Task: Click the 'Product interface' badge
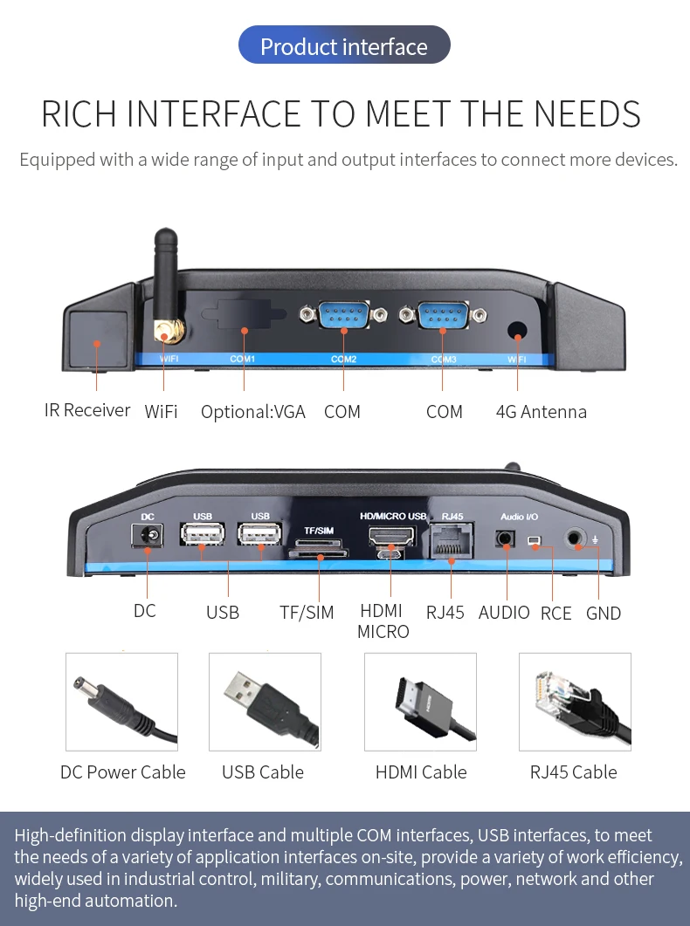coord(344,45)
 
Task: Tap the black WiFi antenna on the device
coord(166,278)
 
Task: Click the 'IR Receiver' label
coord(86,410)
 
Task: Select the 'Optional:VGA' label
coord(252,412)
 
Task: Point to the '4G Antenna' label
coord(542,412)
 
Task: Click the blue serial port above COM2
coord(343,314)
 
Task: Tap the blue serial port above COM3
coord(443,314)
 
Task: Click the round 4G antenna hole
coord(517,330)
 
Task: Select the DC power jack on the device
coord(147,536)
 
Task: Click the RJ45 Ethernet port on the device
coord(452,540)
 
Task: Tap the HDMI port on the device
coord(391,536)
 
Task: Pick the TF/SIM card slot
coord(319,553)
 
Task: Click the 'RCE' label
coord(555,614)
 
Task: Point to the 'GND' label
coord(604,614)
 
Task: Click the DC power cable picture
coord(121,702)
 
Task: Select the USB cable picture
coord(265,702)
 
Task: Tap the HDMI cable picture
coord(420,702)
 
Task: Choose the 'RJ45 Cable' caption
coord(574,772)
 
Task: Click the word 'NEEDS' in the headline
coord(587,114)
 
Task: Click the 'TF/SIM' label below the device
coord(307,613)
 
